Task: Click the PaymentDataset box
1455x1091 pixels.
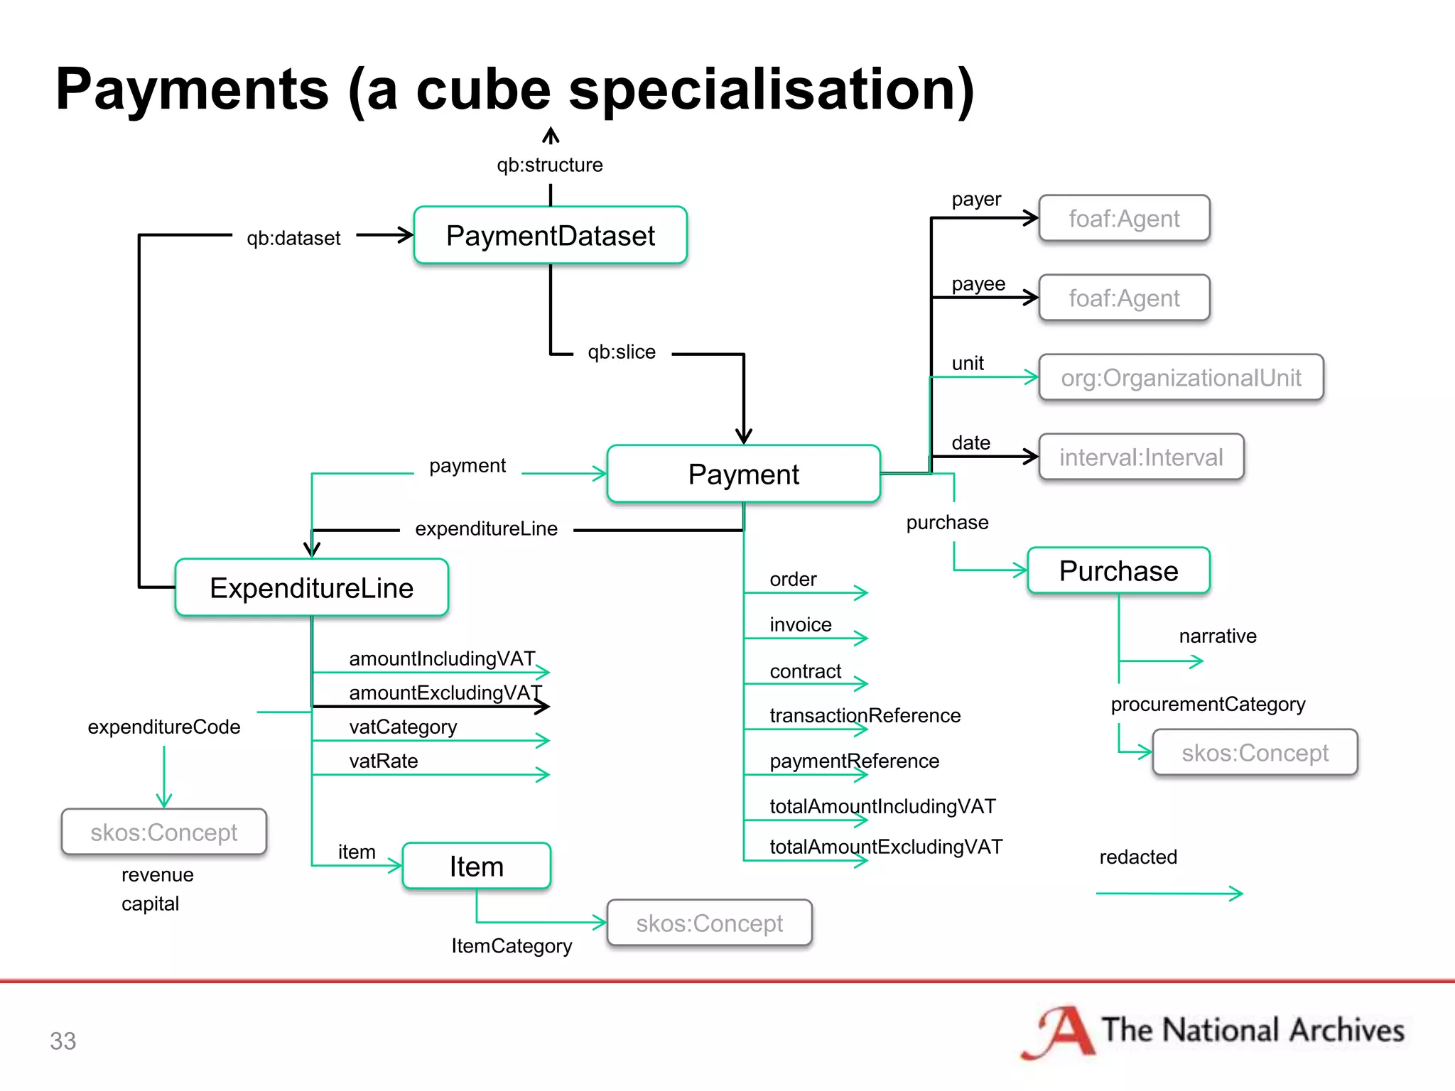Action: click(551, 236)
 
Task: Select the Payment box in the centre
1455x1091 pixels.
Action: click(744, 474)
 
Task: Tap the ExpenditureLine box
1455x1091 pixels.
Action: click(311, 588)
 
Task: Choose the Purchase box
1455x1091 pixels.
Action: click(1118, 571)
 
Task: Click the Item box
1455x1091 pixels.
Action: click(476, 867)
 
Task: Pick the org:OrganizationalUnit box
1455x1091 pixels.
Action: click(1181, 378)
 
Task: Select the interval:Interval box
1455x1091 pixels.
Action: click(1141, 457)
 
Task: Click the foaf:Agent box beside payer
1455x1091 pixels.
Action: click(1124, 219)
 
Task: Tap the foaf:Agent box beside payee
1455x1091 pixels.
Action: click(1124, 298)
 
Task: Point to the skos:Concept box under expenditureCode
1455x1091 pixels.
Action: click(163, 832)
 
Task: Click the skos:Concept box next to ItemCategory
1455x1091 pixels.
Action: click(709, 923)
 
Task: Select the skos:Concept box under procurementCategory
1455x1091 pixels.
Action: click(1255, 753)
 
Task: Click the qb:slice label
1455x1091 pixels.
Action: click(622, 352)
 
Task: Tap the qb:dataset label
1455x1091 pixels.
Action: click(293, 239)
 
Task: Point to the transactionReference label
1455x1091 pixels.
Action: click(865, 715)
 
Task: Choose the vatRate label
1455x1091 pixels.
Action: click(384, 761)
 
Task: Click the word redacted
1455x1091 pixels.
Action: click(1138, 857)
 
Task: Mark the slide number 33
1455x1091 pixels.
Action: click(63, 1041)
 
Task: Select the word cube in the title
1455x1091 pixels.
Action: click(483, 90)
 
